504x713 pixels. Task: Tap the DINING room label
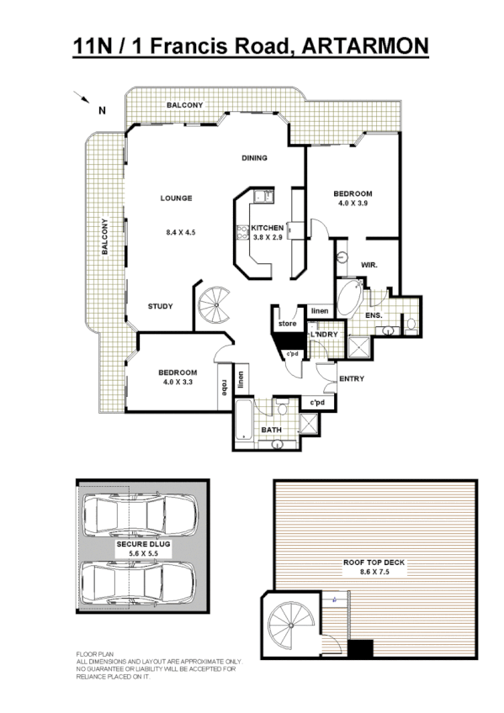pyautogui.click(x=254, y=158)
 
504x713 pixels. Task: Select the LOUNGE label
pyautogui.click(x=177, y=198)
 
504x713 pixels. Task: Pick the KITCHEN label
pyautogui.click(x=268, y=228)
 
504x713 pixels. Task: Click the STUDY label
pyautogui.click(x=160, y=306)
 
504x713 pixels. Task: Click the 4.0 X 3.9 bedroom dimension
pyautogui.click(x=354, y=203)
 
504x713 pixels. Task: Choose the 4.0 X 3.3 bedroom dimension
pyautogui.click(x=177, y=383)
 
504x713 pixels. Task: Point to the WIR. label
pyautogui.click(x=369, y=265)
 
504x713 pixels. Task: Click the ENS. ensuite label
pyautogui.click(x=374, y=315)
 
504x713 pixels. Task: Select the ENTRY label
pyautogui.click(x=351, y=378)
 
